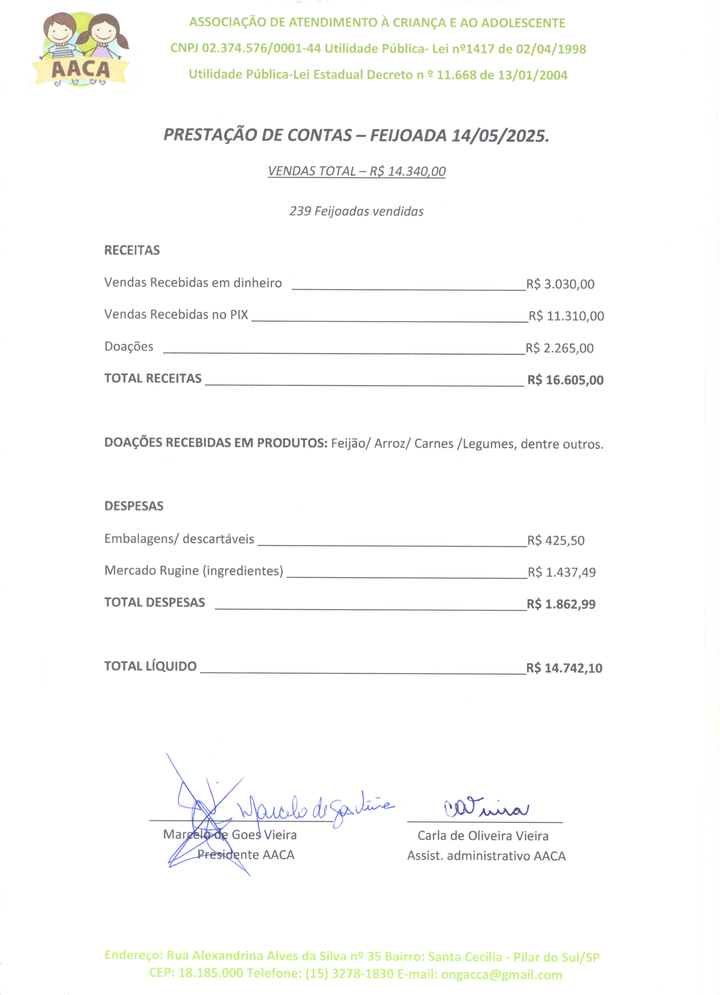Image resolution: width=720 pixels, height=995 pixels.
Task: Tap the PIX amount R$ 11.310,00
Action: click(566, 316)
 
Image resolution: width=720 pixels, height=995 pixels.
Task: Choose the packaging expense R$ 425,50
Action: click(556, 541)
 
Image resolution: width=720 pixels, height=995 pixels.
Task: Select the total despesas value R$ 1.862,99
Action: click(561, 604)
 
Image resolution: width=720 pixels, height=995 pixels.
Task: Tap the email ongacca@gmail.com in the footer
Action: click(502, 975)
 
